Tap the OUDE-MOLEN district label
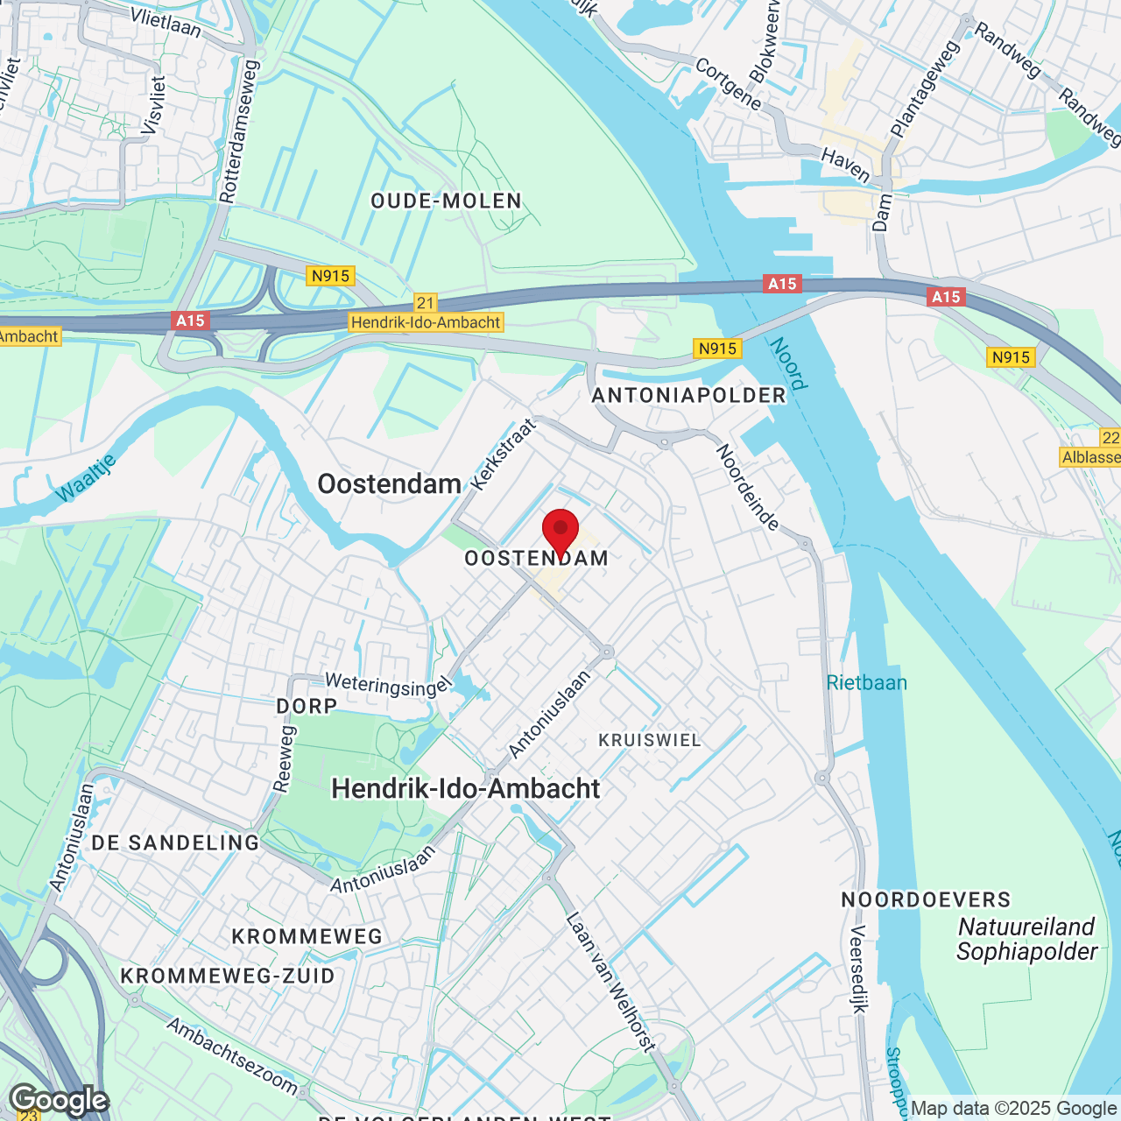click(446, 201)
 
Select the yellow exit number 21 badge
click(426, 303)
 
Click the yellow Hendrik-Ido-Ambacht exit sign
click(426, 322)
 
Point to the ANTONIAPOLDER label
click(689, 396)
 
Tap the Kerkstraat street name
click(503, 455)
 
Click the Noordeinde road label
click(748, 487)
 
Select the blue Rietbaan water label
click(867, 683)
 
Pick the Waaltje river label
click(86, 478)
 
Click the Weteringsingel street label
click(387, 685)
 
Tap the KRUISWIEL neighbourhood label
click(650, 741)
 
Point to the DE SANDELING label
click(175, 843)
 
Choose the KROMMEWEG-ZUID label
click(228, 976)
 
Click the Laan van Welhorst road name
click(610, 981)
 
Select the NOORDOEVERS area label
click(926, 900)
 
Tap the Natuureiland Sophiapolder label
click(1026, 939)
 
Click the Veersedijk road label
click(859, 969)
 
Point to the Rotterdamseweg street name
click(240, 131)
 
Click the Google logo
click(59, 1100)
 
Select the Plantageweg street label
click(925, 88)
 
